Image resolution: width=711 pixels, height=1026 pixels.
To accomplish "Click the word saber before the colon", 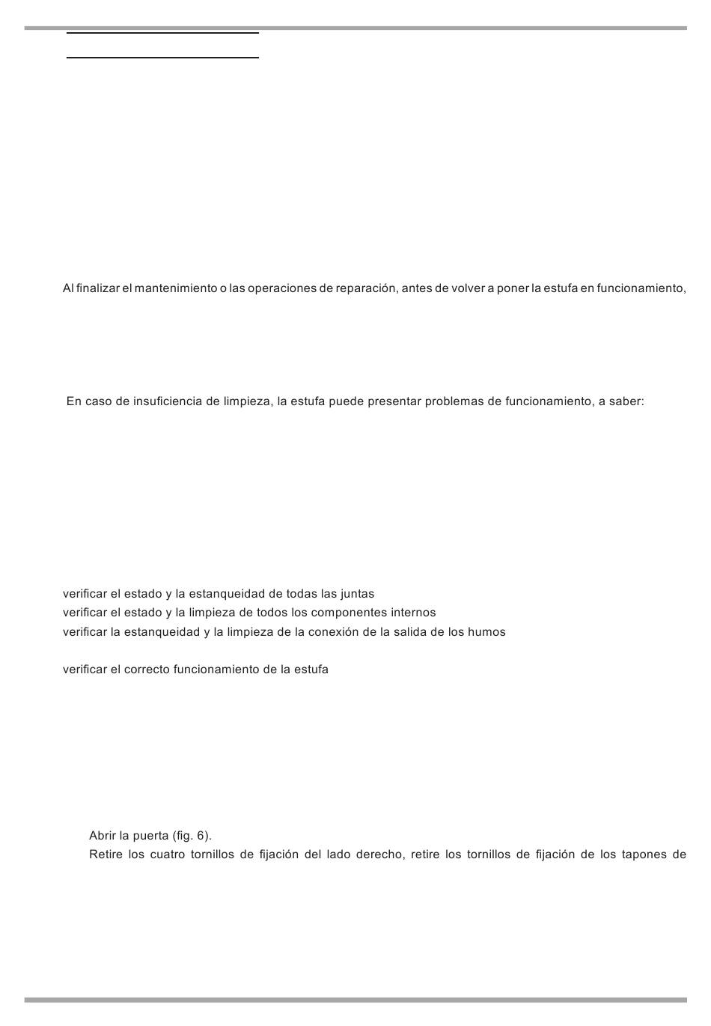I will [626, 401].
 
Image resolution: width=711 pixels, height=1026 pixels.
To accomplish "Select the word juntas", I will [357, 595].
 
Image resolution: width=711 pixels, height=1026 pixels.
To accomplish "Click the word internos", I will [413, 613].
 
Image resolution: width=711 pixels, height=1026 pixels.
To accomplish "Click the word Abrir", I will [103, 836].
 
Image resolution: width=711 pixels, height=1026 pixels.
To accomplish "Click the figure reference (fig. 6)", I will [192, 836].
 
